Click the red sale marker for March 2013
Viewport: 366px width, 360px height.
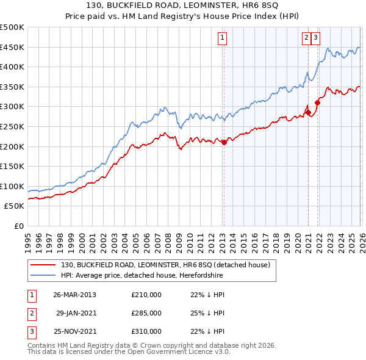(224, 142)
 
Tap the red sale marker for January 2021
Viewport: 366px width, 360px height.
(308, 112)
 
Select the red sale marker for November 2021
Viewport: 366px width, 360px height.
(317, 103)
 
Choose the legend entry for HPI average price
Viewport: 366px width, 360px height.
(142, 275)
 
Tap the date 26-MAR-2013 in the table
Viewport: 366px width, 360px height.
(74, 295)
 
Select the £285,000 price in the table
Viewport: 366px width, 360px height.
(146, 313)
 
